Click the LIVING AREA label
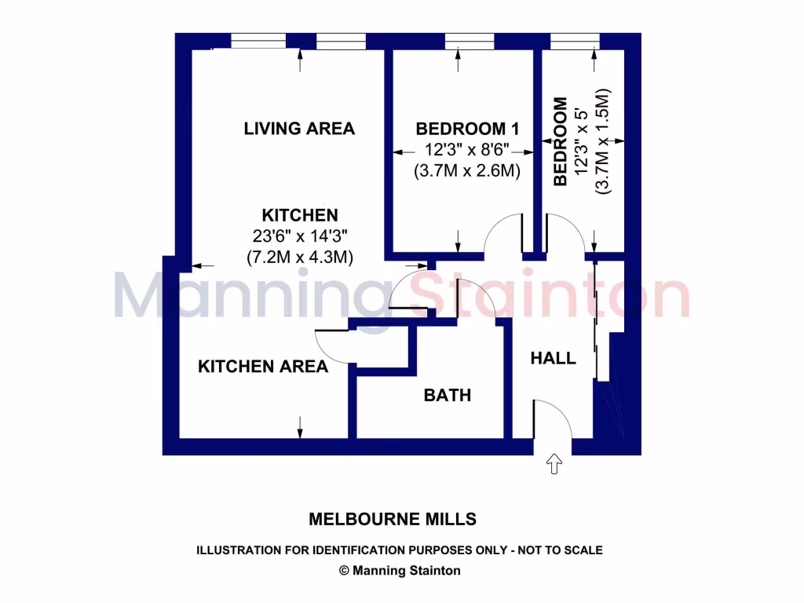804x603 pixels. click(x=299, y=129)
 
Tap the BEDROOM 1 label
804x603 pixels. click(x=467, y=129)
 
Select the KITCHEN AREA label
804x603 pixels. click(x=262, y=367)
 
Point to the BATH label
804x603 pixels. click(x=448, y=395)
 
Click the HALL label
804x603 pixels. click(x=553, y=359)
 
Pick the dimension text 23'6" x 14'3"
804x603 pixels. click(x=299, y=236)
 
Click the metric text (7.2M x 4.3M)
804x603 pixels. click(x=299, y=256)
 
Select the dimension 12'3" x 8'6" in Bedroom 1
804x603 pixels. click(x=467, y=150)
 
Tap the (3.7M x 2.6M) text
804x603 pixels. click(x=467, y=170)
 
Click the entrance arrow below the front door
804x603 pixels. click(x=555, y=464)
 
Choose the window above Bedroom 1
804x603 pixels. click(x=467, y=41)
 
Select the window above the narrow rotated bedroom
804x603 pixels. click(x=574, y=41)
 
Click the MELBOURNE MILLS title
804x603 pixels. click(x=392, y=519)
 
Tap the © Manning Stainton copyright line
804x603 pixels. click(x=400, y=571)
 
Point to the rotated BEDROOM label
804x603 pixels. click(x=560, y=142)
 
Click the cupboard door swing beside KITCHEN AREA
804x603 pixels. click(x=331, y=345)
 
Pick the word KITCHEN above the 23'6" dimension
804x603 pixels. click(x=299, y=215)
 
